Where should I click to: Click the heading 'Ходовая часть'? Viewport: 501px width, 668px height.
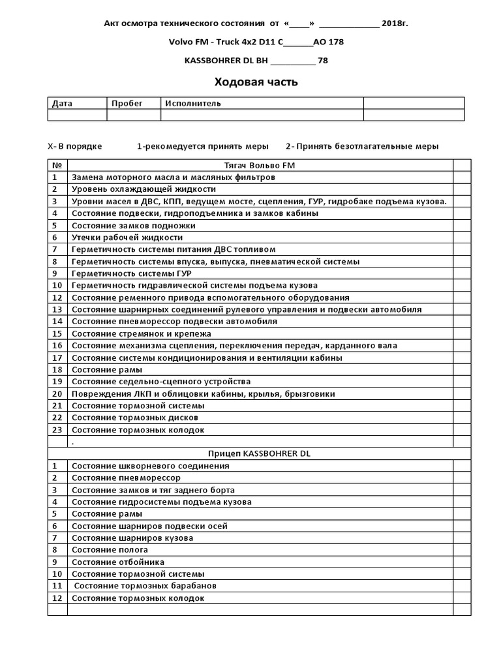point(256,82)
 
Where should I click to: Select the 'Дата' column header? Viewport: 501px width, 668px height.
point(63,103)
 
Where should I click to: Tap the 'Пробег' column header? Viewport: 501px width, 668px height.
point(127,103)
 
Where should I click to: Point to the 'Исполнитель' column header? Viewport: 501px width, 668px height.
point(193,103)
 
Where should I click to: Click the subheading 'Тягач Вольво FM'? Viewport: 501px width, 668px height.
point(260,165)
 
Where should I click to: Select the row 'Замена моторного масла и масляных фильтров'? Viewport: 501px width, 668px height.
point(173,177)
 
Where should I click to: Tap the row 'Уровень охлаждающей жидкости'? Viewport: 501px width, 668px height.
point(144,189)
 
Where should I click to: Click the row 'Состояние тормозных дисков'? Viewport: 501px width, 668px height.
point(134,417)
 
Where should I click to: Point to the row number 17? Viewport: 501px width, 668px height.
point(57,357)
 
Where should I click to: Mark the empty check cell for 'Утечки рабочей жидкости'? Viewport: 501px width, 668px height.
point(462,237)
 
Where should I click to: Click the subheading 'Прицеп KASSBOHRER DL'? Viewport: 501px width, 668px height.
point(259,453)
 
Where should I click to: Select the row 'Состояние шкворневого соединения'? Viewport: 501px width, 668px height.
point(150,466)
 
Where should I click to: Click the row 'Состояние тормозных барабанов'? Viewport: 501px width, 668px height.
point(145,586)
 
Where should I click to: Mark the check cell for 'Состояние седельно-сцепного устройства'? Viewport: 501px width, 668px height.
point(462,382)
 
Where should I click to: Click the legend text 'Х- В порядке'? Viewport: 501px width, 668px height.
point(75,146)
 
